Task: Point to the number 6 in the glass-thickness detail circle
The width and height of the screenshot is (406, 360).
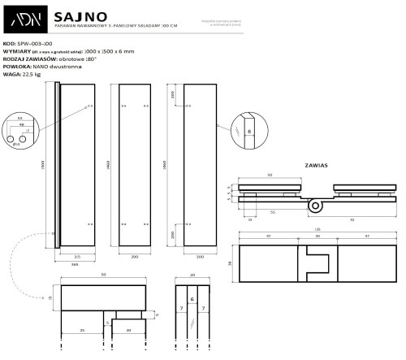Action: point(250,129)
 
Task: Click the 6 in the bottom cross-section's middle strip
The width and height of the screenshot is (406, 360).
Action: point(192,300)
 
